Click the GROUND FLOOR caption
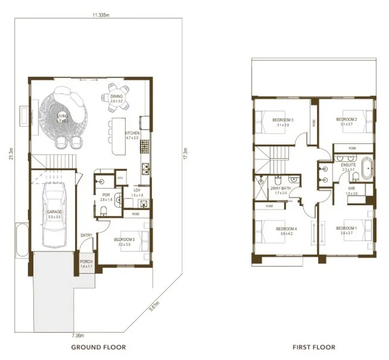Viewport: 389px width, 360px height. pos(98,347)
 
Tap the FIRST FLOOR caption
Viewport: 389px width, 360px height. pos(313,347)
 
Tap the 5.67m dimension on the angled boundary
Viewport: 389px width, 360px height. pos(155,308)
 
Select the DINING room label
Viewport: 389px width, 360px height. pos(116,97)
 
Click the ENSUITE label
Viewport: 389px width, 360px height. pos(349,164)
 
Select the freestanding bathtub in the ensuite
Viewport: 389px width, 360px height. pos(364,170)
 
